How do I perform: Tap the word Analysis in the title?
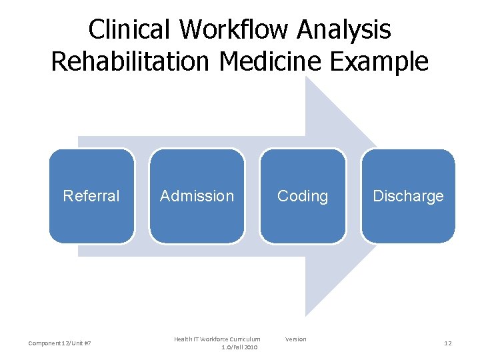click(353, 29)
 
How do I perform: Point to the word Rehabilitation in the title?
click(131, 61)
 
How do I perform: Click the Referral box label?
click(91, 196)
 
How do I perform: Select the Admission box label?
click(197, 196)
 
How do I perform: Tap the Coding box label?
click(303, 196)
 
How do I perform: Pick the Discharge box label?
click(408, 196)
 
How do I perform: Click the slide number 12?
click(448, 343)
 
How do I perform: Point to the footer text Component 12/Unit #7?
click(60, 343)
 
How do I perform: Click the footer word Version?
click(296, 339)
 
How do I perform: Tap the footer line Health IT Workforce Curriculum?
click(217, 339)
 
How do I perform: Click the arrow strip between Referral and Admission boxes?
click(141, 196)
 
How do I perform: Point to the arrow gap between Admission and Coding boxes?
click(252, 196)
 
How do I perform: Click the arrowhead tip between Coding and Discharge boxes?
click(354, 196)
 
